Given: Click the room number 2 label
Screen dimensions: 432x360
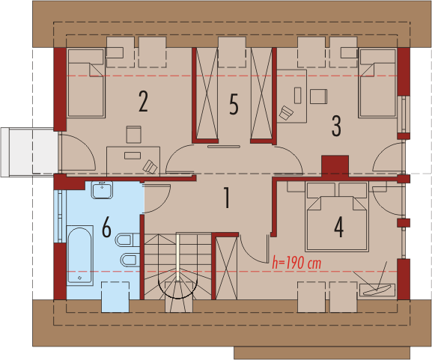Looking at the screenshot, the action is click(x=143, y=101).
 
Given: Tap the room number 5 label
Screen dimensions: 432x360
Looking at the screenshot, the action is click(x=234, y=104).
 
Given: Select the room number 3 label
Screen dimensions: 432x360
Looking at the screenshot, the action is click(x=336, y=126).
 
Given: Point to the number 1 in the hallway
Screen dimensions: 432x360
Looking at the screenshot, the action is click(x=226, y=198).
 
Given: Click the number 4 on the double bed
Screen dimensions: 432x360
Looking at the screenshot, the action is click(x=339, y=227).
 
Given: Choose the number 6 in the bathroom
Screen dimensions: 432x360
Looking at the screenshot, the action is click(x=106, y=227).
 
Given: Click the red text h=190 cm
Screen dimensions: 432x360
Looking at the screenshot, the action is click(x=296, y=263).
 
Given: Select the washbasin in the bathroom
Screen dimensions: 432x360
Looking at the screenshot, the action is click(x=103, y=190).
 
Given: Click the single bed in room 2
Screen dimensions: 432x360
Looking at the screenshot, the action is click(x=87, y=83).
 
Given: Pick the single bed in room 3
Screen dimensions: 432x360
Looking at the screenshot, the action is click(x=378, y=83).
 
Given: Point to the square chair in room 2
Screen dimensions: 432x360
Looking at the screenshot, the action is click(x=134, y=135).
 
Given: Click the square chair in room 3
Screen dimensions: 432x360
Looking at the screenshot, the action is click(x=318, y=96).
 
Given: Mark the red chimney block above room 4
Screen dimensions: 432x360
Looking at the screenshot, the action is click(x=335, y=165).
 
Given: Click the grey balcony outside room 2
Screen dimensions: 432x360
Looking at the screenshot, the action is click(x=29, y=152).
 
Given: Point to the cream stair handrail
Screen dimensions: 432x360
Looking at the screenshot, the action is click(x=178, y=257).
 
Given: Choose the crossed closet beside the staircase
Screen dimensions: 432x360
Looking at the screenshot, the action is click(x=226, y=268).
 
